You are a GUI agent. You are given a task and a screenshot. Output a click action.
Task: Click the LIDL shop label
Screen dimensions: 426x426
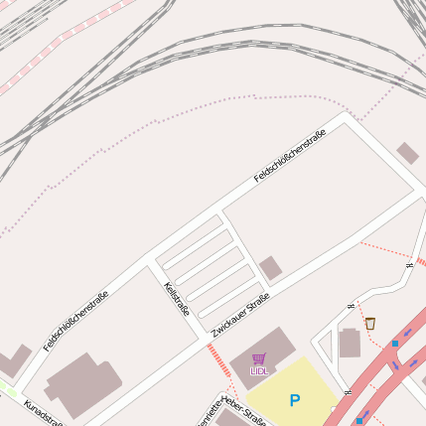click(x=259, y=371)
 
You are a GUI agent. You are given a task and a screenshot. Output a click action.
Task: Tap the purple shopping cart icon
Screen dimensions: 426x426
click(x=259, y=358)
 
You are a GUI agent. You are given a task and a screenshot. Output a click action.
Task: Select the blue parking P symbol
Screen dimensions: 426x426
click(x=294, y=400)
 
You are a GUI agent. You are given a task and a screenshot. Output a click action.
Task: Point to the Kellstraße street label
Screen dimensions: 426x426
click(x=177, y=302)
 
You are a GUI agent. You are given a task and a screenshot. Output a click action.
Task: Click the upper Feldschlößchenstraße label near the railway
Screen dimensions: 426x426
click(x=290, y=158)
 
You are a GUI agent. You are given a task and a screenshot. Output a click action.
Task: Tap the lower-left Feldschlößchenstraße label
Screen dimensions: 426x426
click(x=76, y=321)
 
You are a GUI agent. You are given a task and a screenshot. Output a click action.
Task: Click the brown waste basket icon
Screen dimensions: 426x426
click(x=370, y=323)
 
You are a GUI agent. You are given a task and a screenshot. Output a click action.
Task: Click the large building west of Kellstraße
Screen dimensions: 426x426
click(x=83, y=382)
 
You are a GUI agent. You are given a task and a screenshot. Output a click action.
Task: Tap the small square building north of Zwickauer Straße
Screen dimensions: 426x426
click(x=270, y=267)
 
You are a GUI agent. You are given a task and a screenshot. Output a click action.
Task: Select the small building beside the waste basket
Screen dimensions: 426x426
click(x=350, y=344)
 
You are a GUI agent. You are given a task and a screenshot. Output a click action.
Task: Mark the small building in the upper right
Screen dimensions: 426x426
click(x=407, y=153)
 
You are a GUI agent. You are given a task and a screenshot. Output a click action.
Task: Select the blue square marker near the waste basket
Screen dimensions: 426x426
click(x=395, y=344)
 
